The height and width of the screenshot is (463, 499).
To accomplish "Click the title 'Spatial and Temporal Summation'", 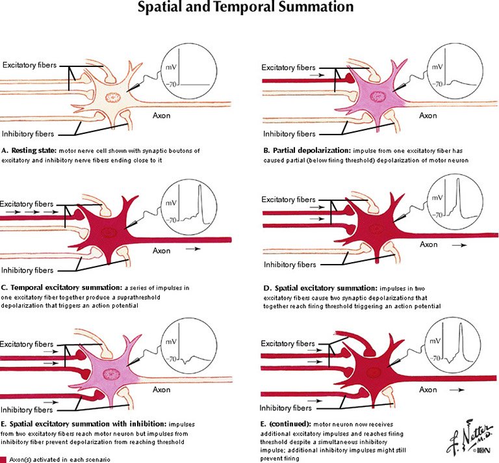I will [x=249, y=8].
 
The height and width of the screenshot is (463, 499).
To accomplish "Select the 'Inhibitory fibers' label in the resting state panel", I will [x=31, y=133].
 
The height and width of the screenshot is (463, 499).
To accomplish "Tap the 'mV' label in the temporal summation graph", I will [x=171, y=204].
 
